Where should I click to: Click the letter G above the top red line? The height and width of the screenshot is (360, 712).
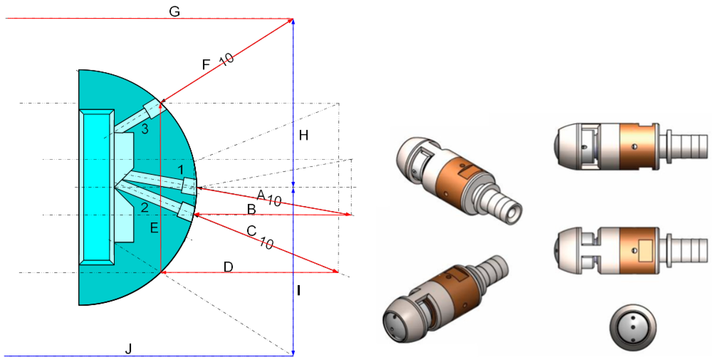[174, 12]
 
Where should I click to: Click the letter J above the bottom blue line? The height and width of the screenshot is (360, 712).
[128, 348]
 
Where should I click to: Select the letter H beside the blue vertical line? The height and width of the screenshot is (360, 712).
[304, 135]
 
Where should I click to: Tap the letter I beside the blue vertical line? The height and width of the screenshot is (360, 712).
[299, 291]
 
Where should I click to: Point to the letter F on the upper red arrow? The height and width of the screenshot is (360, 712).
[206, 64]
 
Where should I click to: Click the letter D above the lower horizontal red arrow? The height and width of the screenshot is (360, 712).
[228, 267]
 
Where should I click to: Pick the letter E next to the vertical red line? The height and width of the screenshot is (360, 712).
[154, 228]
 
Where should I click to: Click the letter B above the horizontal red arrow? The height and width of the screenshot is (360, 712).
[251, 209]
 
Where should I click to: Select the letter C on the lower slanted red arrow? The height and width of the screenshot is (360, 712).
[251, 231]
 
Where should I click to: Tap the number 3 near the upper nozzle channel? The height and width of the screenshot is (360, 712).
[145, 129]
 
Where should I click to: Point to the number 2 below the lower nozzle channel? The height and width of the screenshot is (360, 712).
[145, 207]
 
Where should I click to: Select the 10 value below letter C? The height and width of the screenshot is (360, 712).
[267, 243]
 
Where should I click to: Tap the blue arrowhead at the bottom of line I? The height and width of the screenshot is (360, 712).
[293, 353]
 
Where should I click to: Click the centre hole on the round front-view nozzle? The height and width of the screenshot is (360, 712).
[633, 327]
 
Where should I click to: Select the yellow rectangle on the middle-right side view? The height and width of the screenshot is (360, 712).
[645, 250]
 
